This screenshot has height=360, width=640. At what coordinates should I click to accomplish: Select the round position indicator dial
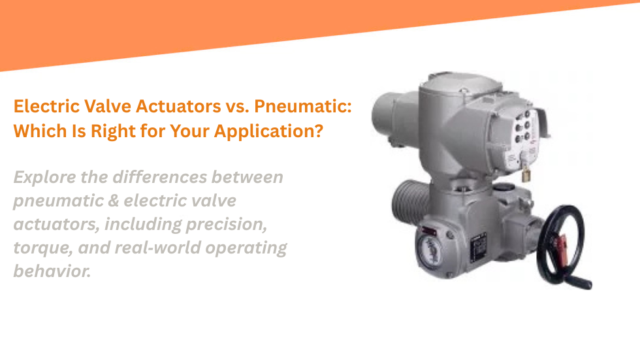tap(428, 252)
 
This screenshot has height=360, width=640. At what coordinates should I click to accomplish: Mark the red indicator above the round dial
tap(433, 230)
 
